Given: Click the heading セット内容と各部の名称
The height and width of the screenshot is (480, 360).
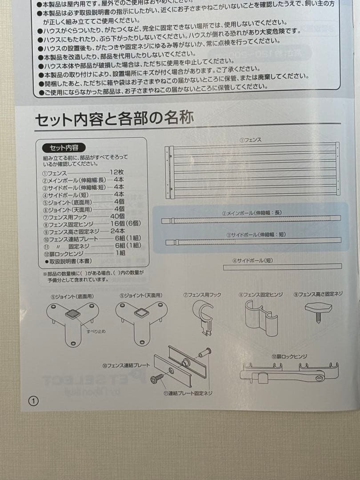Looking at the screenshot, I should click(x=114, y=119).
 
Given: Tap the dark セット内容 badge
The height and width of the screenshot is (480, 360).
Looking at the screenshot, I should click(x=64, y=148).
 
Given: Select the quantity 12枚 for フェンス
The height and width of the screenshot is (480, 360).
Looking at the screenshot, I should click(x=117, y=172).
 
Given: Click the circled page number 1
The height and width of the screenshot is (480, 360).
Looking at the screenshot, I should click(x=34, y=401).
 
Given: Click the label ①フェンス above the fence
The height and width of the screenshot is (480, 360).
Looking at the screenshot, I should click(x=251, y=140).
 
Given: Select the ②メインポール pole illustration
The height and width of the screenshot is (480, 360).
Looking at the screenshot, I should click(x=251, y=219).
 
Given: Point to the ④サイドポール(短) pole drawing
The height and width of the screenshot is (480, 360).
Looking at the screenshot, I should click(x=283, y=267).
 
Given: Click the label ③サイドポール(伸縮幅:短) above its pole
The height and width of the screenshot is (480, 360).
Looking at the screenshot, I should click(x=256, y=234).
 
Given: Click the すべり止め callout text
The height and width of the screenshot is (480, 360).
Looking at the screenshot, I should click(x=96, y=331).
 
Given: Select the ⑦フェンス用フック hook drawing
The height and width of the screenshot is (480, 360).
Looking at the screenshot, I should click(x=203, y=316).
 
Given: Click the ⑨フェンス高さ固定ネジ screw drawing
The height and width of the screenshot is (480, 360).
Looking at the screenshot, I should click(x=318, y=310).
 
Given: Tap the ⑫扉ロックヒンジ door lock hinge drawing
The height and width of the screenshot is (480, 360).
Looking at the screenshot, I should click(x=289, y=372).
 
